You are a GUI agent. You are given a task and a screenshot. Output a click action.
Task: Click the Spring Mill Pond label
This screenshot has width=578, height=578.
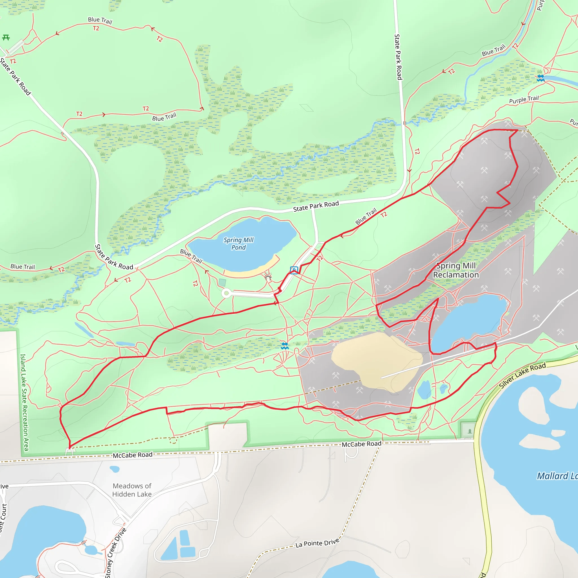(238, 244)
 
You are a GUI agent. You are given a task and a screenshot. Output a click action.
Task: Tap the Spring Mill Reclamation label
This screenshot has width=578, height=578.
(456, 270)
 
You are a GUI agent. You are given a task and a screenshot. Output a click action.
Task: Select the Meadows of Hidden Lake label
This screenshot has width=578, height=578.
(132, 490)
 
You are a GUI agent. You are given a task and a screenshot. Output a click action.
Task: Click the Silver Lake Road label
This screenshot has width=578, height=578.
(522, 375)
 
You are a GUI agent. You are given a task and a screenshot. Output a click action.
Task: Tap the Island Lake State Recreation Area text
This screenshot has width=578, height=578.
(24, 402)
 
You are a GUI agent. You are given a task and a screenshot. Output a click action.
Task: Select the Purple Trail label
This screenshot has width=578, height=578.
(524, 99)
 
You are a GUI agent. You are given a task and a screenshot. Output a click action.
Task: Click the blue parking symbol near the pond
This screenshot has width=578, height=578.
(294, 270)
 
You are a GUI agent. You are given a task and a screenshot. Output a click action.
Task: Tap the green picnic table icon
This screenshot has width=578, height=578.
(6, 38)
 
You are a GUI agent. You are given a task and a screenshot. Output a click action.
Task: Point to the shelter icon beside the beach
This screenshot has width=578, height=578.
(268, 277)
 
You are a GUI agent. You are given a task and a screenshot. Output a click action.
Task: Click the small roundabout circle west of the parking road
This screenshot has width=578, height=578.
(226, 293)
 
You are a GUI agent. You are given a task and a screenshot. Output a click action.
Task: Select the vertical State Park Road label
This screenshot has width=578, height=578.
(398, 57)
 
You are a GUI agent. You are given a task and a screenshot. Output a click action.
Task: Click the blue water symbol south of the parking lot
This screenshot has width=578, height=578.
(285, 346)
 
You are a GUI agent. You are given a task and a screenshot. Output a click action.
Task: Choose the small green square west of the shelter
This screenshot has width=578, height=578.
(222, 283)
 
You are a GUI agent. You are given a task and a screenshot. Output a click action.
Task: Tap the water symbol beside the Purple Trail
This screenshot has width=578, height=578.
(540, 78)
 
